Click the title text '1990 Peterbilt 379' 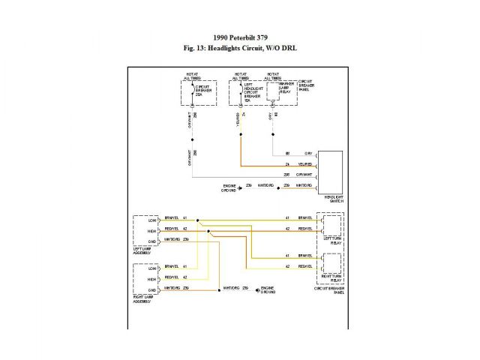[x=239, y=37]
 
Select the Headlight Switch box [x=330, y=171]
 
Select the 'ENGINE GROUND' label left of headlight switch [x=229, y=188]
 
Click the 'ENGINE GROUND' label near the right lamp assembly [x=268, y=290]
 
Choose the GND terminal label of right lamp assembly [x=151, y=289]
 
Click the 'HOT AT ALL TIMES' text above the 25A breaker [x=193, y=76]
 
